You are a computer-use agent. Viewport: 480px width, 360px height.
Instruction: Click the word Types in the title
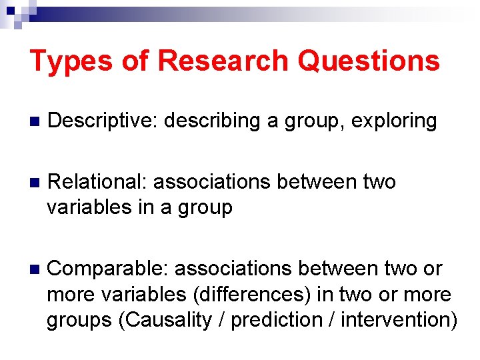pyautogui.click(x=71, y=61)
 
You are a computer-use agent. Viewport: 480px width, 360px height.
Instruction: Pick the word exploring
pyautogui.click(x=394, y=121)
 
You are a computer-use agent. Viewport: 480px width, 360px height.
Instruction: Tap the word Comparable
pyautogui.click(x=108, y=269)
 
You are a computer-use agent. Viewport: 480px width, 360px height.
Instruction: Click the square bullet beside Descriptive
pyautogui.click(x=35, y=122)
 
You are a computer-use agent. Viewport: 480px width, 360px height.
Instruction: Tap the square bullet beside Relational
pyautogui.click(x=35, y=183)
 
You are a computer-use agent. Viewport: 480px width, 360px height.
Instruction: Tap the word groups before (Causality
pyautogui.click(x=79, y=320)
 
